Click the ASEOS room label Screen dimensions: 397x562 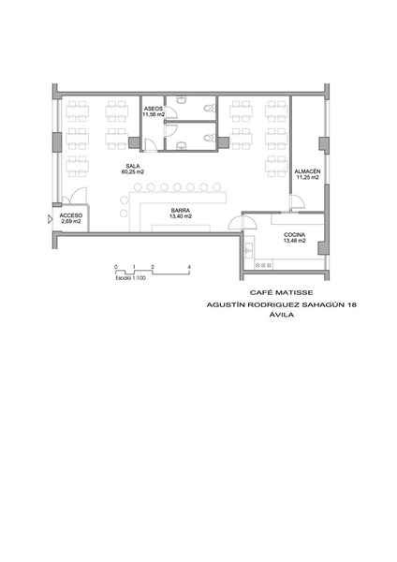(153, 109)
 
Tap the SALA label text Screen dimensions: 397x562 (133, 166)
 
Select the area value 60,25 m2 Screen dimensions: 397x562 (133, 171)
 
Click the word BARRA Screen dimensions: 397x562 (180, 211)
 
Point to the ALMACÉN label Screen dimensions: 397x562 (307, 171)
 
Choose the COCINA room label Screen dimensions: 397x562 (295, 235)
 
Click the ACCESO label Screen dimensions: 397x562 (71, 215)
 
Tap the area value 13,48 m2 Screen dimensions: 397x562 (295, 241)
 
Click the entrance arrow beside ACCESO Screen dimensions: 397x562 (51, 219)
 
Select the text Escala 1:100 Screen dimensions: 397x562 (130, 278)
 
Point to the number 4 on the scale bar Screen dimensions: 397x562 (189, 267)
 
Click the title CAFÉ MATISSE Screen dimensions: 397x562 (281, 293)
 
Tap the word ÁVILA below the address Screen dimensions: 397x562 (281, 315)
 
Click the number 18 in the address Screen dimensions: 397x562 (351, 304)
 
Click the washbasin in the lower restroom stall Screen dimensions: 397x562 (182, 145)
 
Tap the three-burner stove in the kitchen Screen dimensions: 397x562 (263, 265)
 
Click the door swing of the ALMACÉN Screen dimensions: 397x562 (298, 202)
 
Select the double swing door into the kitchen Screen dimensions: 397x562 (243, 223)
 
